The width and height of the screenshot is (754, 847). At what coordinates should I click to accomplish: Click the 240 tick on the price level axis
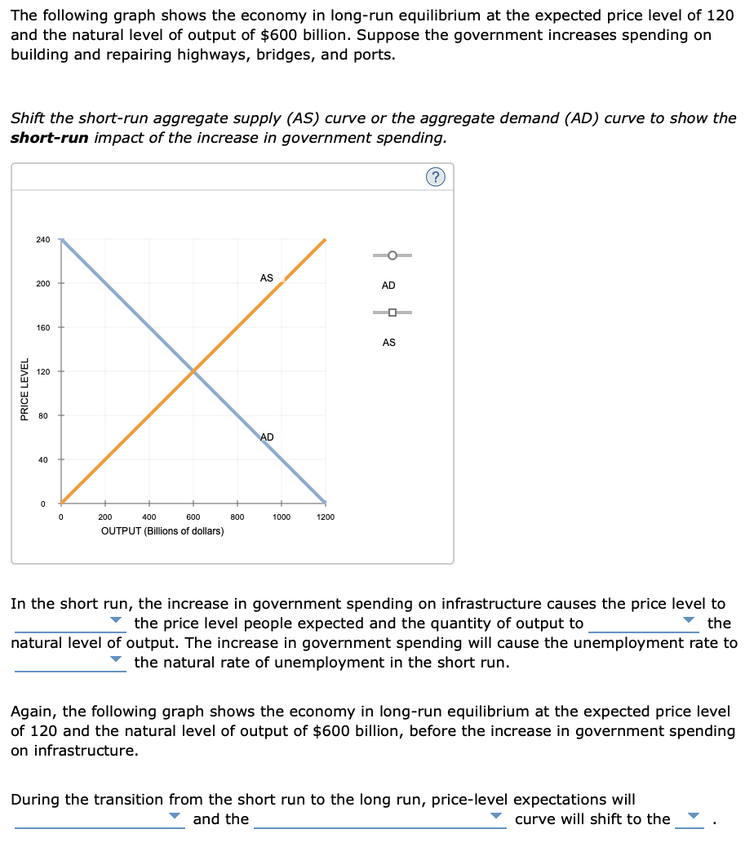[x=43, y=239]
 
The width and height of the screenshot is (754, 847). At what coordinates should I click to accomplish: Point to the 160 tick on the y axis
[x=43, y=327]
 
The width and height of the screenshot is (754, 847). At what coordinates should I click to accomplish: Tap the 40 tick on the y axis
[x=43, y=459]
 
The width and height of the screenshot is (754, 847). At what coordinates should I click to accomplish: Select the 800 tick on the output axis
[x=237, y=517]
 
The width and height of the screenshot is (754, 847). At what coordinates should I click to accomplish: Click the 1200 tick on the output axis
[x=325, y=517]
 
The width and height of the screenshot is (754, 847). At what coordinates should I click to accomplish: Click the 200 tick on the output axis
[x=105, y=517]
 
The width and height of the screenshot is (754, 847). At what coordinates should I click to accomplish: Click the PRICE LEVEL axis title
[x=25, y=390]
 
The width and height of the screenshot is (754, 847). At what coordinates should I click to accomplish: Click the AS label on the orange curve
[x=267, y=278]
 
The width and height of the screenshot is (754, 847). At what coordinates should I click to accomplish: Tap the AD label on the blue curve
[x=267, y=437]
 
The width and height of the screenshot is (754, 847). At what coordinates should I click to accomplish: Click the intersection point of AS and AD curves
[x=193, y=371]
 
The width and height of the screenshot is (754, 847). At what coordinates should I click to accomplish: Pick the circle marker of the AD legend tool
[x=393, y=255]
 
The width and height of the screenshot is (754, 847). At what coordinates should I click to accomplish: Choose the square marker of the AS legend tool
[x=393, y=313]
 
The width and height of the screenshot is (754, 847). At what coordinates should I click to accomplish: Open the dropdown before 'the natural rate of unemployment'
[x=70, y=662]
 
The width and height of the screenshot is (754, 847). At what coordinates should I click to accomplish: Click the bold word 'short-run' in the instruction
[x=49, y=137]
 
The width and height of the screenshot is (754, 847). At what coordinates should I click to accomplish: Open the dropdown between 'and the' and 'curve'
[x=380, y=818]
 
